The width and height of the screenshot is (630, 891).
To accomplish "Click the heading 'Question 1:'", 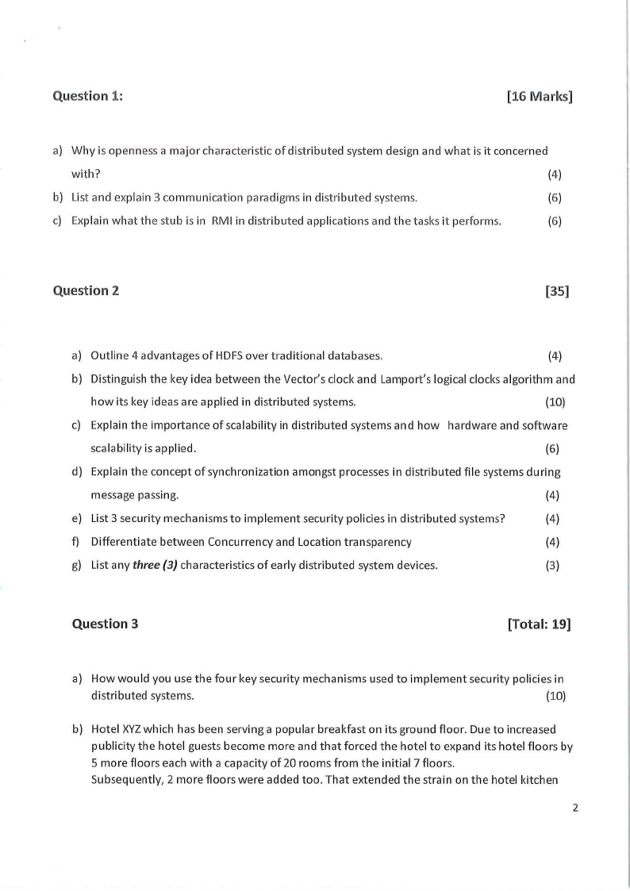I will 87,96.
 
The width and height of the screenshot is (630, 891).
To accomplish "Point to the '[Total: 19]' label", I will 539,624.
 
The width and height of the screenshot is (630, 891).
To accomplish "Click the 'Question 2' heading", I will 86,290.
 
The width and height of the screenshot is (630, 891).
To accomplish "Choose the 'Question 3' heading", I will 105,624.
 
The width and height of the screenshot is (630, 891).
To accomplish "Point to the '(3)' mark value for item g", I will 553,566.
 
